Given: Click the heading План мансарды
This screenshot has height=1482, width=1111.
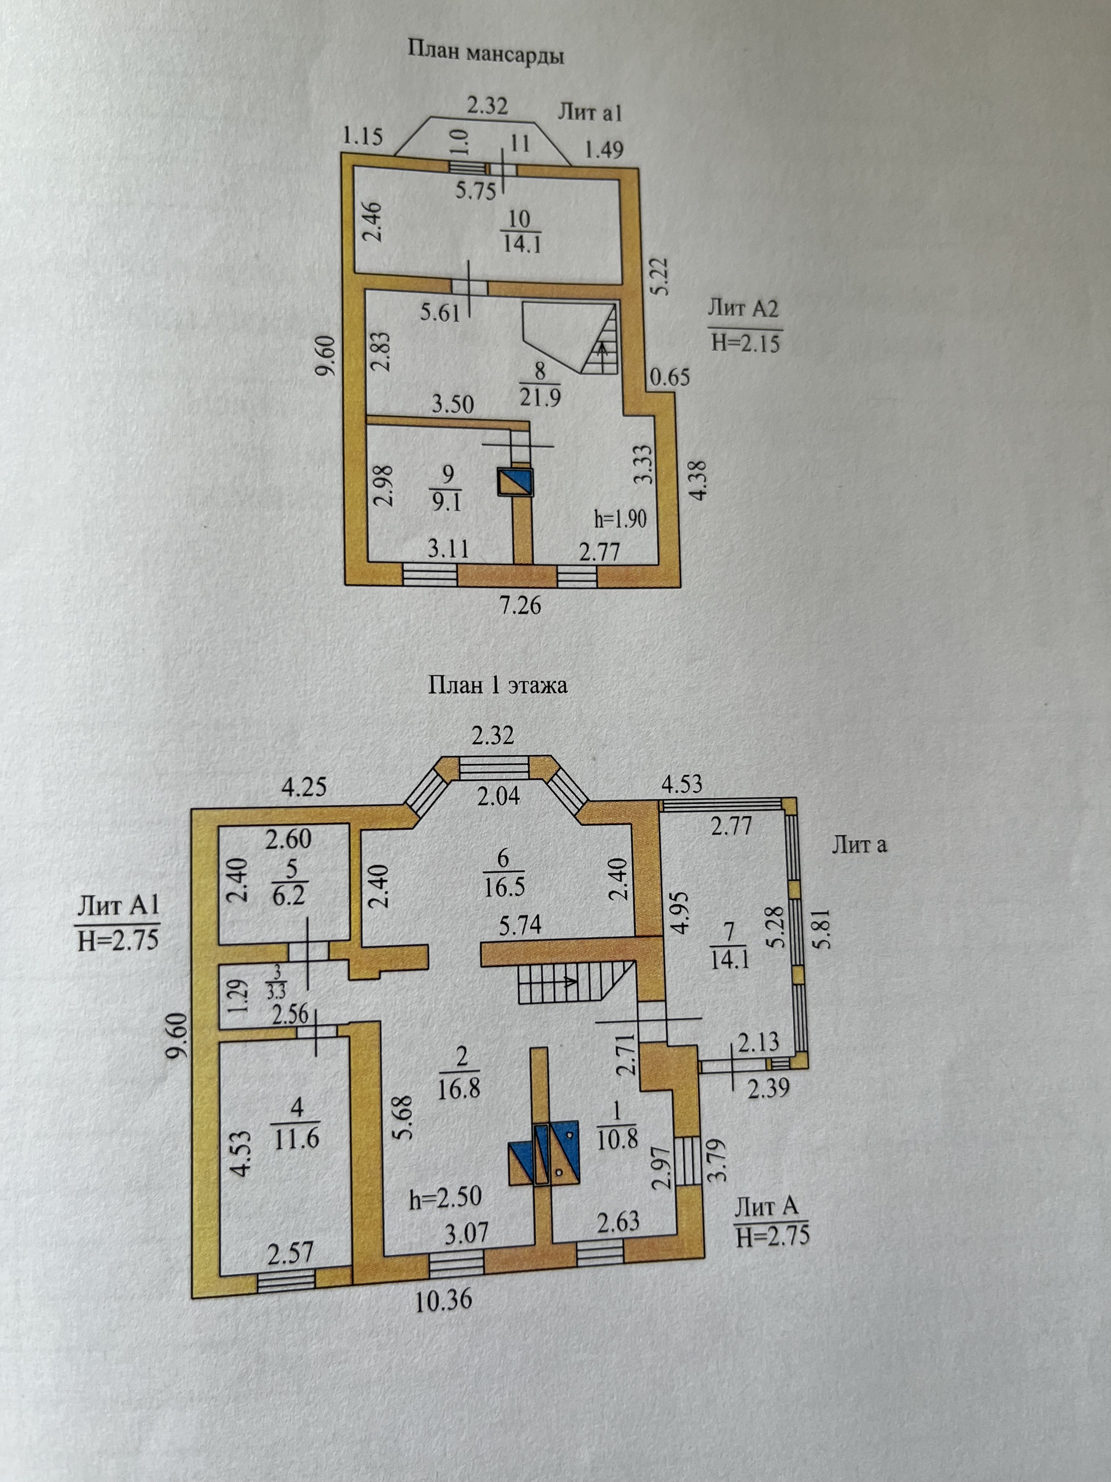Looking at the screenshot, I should click(x=485, y=52).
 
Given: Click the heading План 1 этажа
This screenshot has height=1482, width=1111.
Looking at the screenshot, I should click(x=497, y=685).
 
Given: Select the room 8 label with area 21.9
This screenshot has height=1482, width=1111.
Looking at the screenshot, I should click(x=540, y=384).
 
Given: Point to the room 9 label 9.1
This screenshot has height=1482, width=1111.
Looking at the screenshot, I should click(x=447, y=489).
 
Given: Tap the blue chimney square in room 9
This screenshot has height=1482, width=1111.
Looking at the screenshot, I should click(x=515, y=481).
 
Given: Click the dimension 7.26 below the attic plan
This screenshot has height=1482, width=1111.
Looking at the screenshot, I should click(x=520, y=605).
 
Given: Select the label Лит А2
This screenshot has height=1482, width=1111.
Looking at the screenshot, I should click(x=744, y=309).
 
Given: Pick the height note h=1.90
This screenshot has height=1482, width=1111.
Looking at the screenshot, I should click(x=620, y=518).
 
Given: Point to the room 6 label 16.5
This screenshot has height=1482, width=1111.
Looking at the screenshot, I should click(x=503, y=873).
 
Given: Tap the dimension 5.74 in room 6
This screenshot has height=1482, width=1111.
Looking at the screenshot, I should click(x=520, y=925).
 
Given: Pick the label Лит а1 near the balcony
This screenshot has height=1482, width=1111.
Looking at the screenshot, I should click(x=590, y=112).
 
